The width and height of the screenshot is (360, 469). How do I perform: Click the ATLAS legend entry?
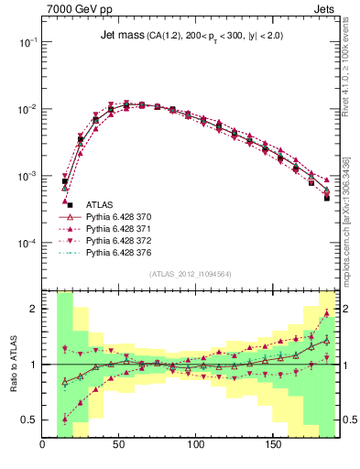click(x=100, y=204)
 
